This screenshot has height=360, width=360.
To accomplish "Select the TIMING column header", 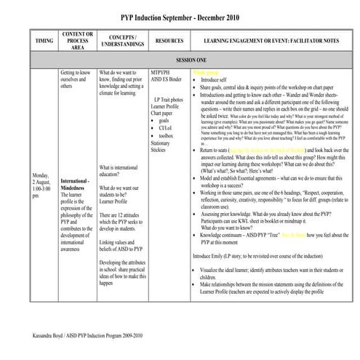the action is click(44, 42).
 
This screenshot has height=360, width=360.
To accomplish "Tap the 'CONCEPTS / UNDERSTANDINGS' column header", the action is click(121, 41).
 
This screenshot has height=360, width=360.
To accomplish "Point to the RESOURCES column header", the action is click(169, 42).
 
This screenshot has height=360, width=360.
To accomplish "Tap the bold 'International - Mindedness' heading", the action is click(75, 184).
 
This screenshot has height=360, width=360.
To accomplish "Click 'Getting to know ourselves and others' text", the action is click(76, 79).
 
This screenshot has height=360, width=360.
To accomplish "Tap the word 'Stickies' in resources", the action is click(160, 151).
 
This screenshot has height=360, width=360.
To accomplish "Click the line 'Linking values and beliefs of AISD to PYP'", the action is click(120, 246).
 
